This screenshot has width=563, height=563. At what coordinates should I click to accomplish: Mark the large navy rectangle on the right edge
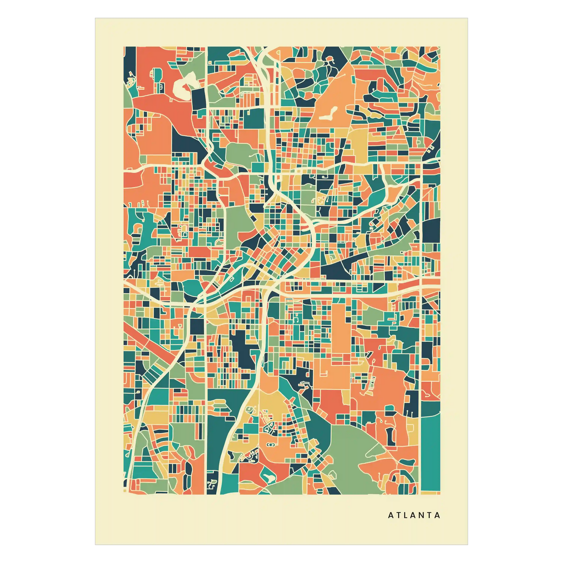[x=431, y=230]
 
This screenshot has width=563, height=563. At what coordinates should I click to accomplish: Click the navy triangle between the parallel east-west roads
[x=337, y=269]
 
